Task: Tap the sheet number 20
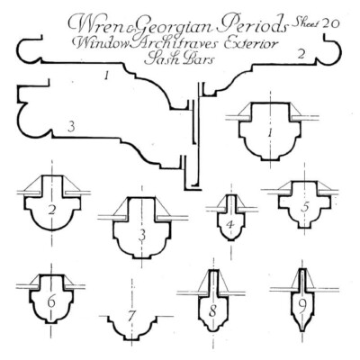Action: (330, 23)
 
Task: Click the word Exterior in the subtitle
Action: (251, 43)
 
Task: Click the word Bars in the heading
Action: (197, 58)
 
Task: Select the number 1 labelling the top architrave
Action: (105, 76)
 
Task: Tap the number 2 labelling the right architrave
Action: (301, 54)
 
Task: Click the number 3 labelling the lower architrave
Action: (71, 128)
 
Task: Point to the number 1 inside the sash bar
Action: (271, 132)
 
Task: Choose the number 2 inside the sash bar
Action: (52, 211)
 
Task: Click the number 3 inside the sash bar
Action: (142, 235)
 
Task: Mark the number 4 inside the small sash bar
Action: (230, 224)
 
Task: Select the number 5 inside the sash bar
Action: (305, 207)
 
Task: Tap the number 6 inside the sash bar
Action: (51, 301)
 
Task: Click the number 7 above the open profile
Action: (130, 316)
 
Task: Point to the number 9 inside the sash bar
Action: (302, 305)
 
